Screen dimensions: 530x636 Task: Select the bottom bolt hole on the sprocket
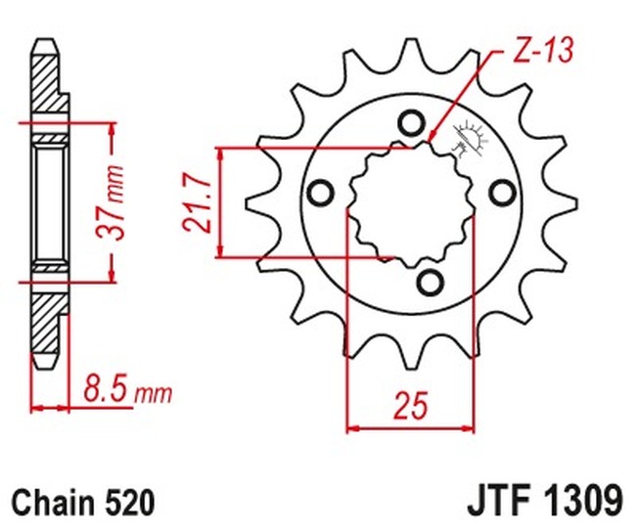[428, 282]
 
